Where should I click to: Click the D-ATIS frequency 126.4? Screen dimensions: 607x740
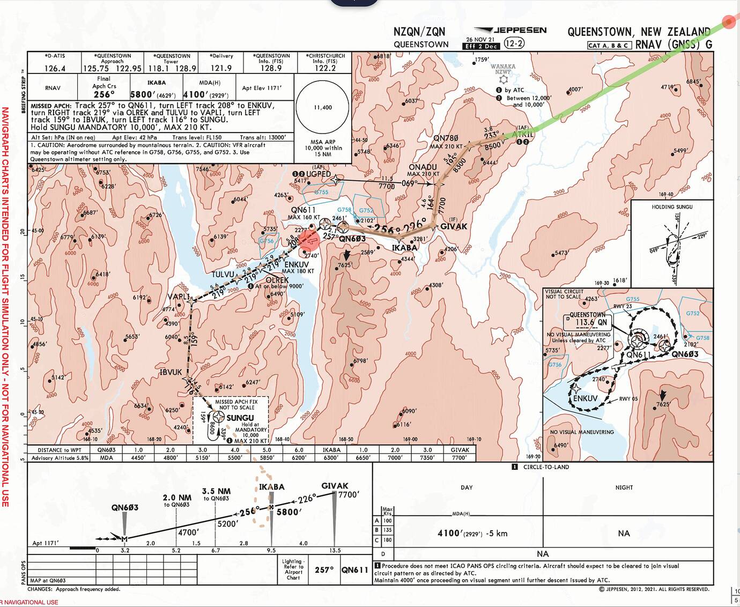pyautogui.click(x=55, y=68)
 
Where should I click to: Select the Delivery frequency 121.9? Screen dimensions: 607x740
pyautogui.click(x=221, y=68)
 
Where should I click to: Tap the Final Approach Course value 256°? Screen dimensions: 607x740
pyautogui.click(x=103, y=94)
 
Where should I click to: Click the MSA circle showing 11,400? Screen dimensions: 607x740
pyautogui.click(x=323, y=107)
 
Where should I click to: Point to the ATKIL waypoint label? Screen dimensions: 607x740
pyautogui.click(x=522, y=134)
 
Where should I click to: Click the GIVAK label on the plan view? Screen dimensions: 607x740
pyautogui.click(x=454, y=226)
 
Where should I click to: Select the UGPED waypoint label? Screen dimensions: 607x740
pyautogui.click(x=318, y=174)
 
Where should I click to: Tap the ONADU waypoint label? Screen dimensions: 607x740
pyautogui.click(x=423, y=167)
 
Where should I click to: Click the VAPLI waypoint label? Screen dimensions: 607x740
pyautogui.click(x=179, y=297)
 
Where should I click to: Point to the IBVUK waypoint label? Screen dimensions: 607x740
pyautogui.click(x=171, y=372)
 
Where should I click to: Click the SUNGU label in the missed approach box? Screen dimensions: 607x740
pyautogui.click(x=240, y=418)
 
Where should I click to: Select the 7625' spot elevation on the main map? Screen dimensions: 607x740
pyautogui.click(x=344, y=265)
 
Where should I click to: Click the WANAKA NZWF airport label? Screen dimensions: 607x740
pyautogui.click(x=502, y=69)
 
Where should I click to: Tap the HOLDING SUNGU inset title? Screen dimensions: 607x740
pyautogui.click(x=672, y=207)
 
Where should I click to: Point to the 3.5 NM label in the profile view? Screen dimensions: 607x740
pyautogui.click(x=216, y=491)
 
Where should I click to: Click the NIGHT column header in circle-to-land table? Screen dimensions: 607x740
pyautogui.click(x=624, y=487)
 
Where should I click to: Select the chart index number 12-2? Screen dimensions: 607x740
pyautogui.click(x=514, y=43)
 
